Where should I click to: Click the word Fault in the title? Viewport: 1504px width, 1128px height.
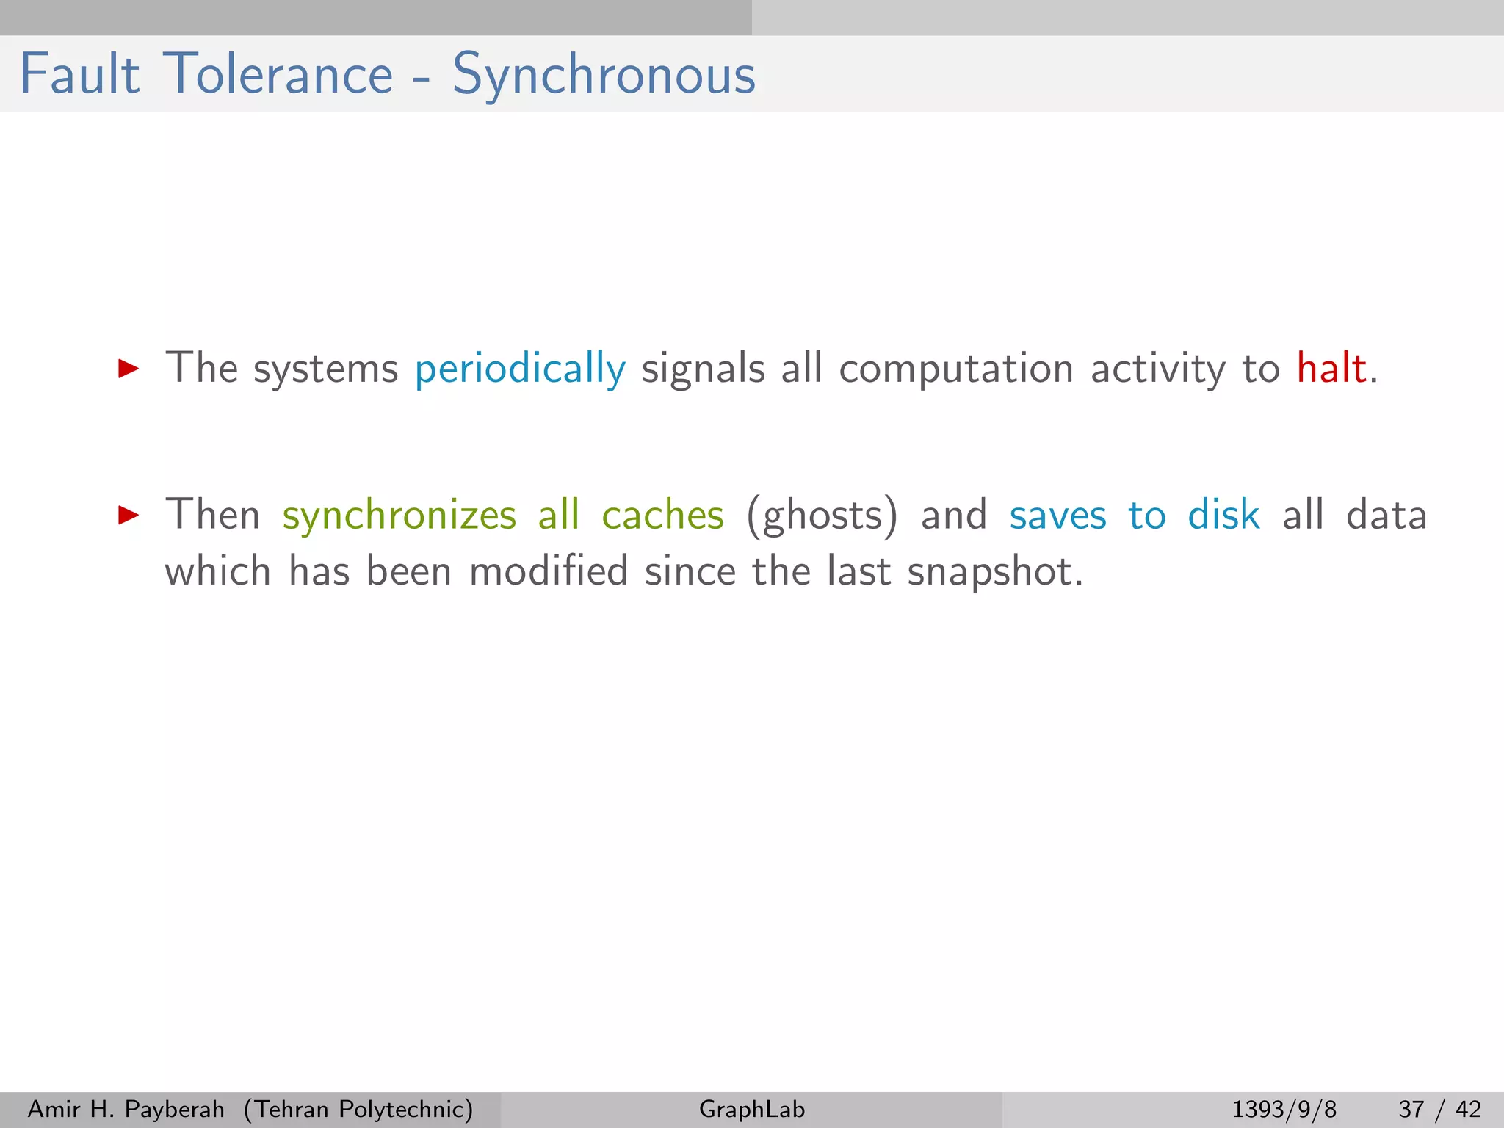coord(79,74)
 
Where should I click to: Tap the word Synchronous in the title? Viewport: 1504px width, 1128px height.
coord(604,74)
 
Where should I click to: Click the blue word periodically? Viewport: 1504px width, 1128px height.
coord(520,369)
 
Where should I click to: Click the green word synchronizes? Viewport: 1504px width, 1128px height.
coord(399,515)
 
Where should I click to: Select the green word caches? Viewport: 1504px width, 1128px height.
coord(662,515)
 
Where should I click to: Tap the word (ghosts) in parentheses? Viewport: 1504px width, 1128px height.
coord(822,515)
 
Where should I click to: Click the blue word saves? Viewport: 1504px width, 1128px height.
coord(1057,515)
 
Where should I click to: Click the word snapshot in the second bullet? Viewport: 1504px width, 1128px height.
coord(994,571)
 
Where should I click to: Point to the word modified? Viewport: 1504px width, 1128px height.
coord(549,571)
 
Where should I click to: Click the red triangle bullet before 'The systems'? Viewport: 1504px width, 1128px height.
coord(129,369)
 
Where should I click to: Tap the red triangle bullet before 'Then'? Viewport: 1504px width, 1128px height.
coord(129,515)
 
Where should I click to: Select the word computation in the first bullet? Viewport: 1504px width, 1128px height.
coord(956,369)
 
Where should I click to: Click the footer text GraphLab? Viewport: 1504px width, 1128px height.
coord(752,1109)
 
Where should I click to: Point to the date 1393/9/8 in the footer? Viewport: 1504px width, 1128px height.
coord(1284,1109)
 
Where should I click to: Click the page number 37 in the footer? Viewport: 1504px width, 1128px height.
coord(1411,1109)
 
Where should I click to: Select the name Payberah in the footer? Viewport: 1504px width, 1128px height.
coord(175,1109)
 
